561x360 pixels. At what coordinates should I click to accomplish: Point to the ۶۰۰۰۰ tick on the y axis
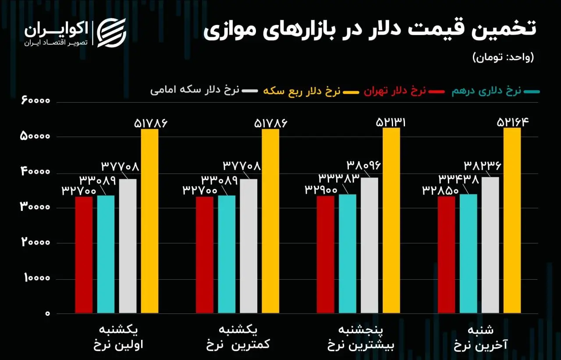click(x=36, y=101)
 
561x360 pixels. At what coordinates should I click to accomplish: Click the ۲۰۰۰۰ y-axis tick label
click(x=36, y=243)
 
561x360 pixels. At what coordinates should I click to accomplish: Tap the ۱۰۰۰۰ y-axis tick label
click(x=36, y=278)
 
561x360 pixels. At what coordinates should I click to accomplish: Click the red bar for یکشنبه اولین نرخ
click(x=84, y=255)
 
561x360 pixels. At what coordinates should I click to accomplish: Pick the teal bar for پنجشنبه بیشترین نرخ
click(x=348, y=253)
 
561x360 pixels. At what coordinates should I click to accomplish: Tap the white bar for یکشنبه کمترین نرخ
click(x=249, y=246)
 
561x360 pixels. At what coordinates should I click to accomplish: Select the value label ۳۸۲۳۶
click(x=482, y=166)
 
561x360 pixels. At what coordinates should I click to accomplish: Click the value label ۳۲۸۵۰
click(x=440, y=190)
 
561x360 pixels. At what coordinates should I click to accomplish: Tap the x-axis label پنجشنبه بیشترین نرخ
click(x=361, y=337)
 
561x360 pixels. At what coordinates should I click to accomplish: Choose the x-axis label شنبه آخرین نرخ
click(x=481, y=337)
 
